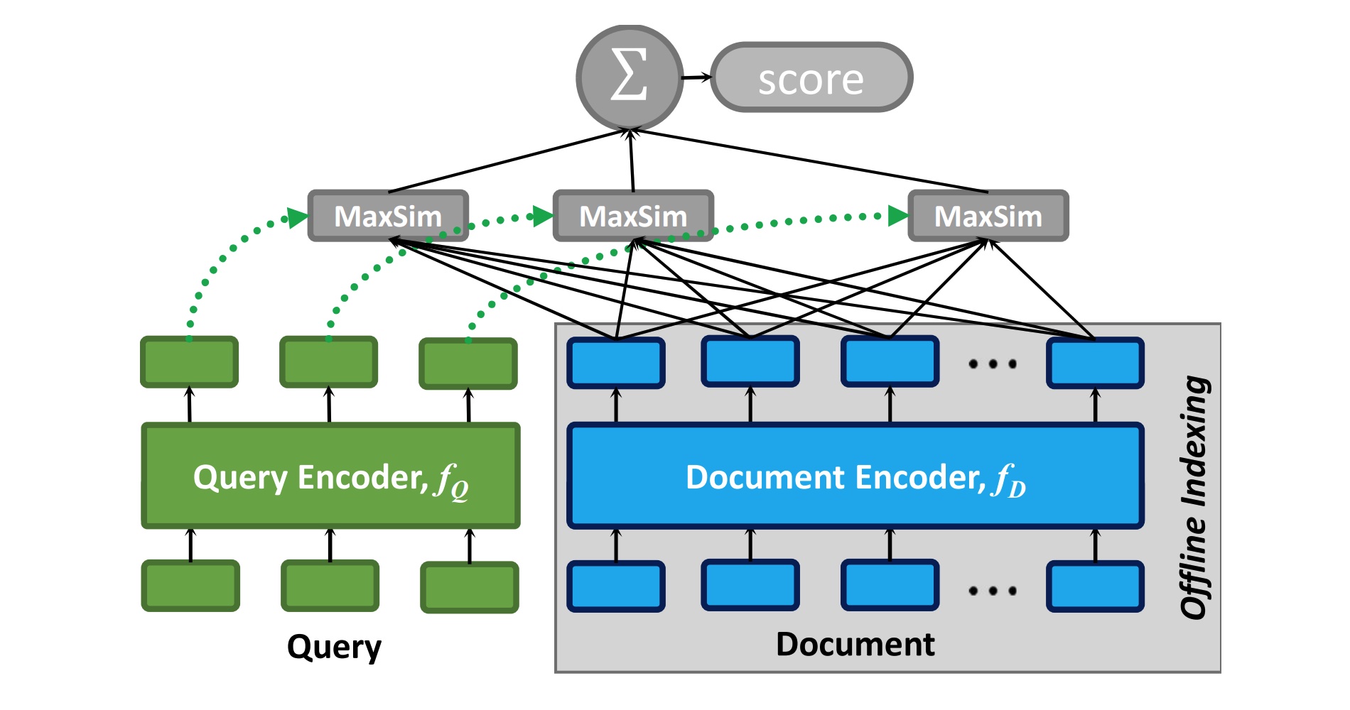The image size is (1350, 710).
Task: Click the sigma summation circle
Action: pos(630,77)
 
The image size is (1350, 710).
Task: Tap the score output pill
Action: pos(811,77)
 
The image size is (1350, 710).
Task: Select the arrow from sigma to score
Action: pos(696,77)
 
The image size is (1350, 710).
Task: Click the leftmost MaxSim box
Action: pos(388,216)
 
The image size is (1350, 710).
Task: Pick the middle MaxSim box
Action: pos(633,216)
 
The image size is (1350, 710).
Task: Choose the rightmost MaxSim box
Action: pos(988,216)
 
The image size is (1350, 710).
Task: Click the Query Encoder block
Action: pos(331,476)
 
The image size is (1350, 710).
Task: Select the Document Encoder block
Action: pos(855,476)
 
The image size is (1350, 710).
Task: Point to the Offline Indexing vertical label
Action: pos(1195,497)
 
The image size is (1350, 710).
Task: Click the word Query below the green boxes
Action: pos(334,647)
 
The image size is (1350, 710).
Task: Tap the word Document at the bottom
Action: pos(855,645)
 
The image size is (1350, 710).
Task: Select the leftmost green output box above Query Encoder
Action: pos(189,363)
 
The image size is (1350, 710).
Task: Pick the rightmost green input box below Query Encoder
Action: pos(470,587)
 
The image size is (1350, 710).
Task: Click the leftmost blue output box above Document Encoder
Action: pos(616,363)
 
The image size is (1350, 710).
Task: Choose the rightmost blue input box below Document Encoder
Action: pos(1095,586)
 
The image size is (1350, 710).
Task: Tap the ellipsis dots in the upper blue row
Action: pos(993,364)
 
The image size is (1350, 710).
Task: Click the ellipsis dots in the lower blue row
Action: pos(993,590)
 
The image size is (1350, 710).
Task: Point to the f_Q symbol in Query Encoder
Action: pos(452,481)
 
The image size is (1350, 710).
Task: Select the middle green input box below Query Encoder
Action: pos(330,586)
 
